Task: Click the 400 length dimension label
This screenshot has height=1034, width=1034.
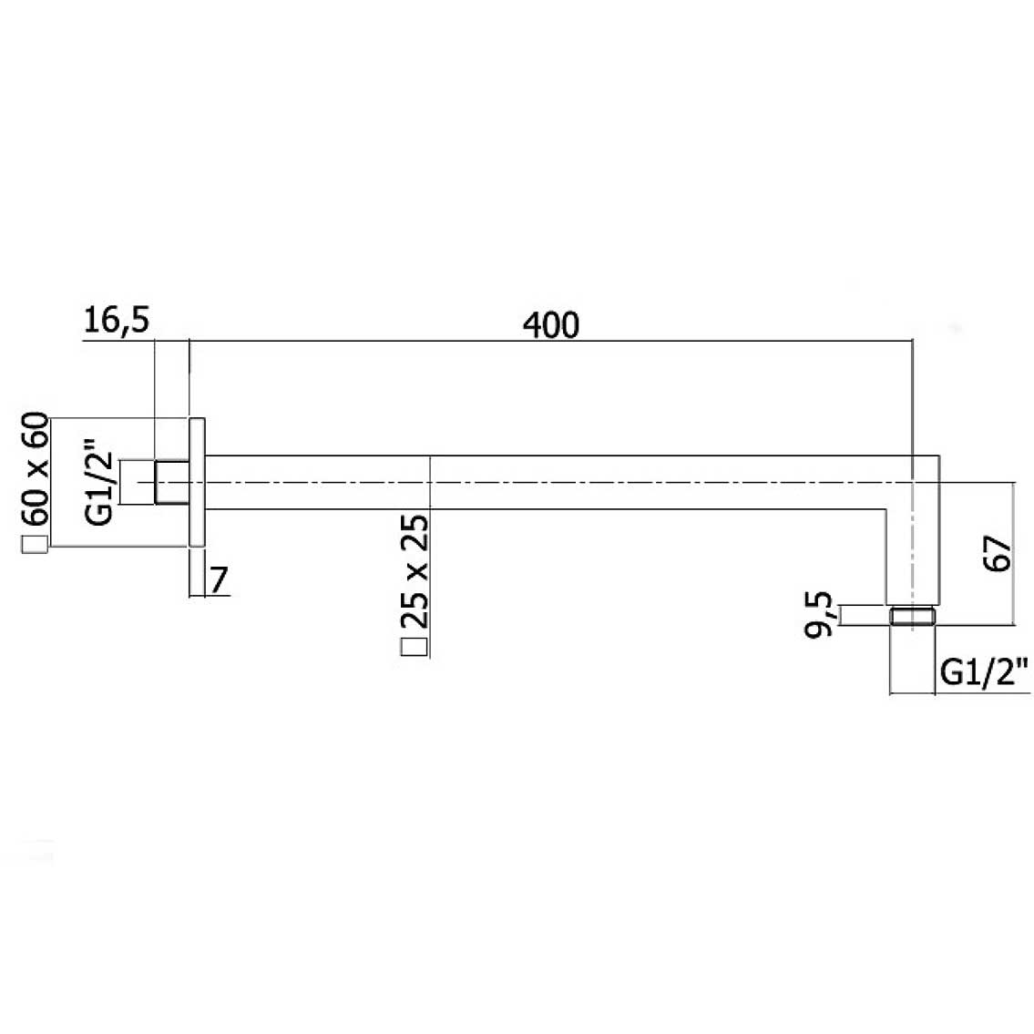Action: pyautogui.click(x=551, y=325)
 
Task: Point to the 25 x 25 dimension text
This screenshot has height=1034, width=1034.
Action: pyautogui.click(x=415, y=571)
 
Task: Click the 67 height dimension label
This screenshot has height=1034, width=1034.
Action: pyautogui.click(x=997, y=554)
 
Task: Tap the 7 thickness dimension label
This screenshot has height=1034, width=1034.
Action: pyautogui.click(x=219, y=580)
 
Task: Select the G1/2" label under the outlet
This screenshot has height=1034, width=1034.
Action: pyautogui.click(x=984, y=673)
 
